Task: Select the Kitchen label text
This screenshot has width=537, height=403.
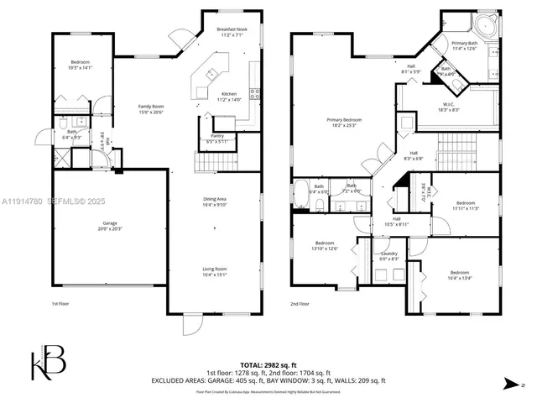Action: (229, 97)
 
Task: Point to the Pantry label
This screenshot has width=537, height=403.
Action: (216, 139)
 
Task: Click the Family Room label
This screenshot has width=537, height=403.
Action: (152, 108)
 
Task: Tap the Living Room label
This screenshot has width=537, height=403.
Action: (215, 271)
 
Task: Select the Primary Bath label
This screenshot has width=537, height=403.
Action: (464, 45)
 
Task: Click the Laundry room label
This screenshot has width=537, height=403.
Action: (389, 256)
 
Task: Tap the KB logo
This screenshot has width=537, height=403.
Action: (49, 363)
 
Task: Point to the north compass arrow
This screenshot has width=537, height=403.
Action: (512, 384)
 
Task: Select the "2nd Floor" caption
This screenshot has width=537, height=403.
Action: (300, 303)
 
